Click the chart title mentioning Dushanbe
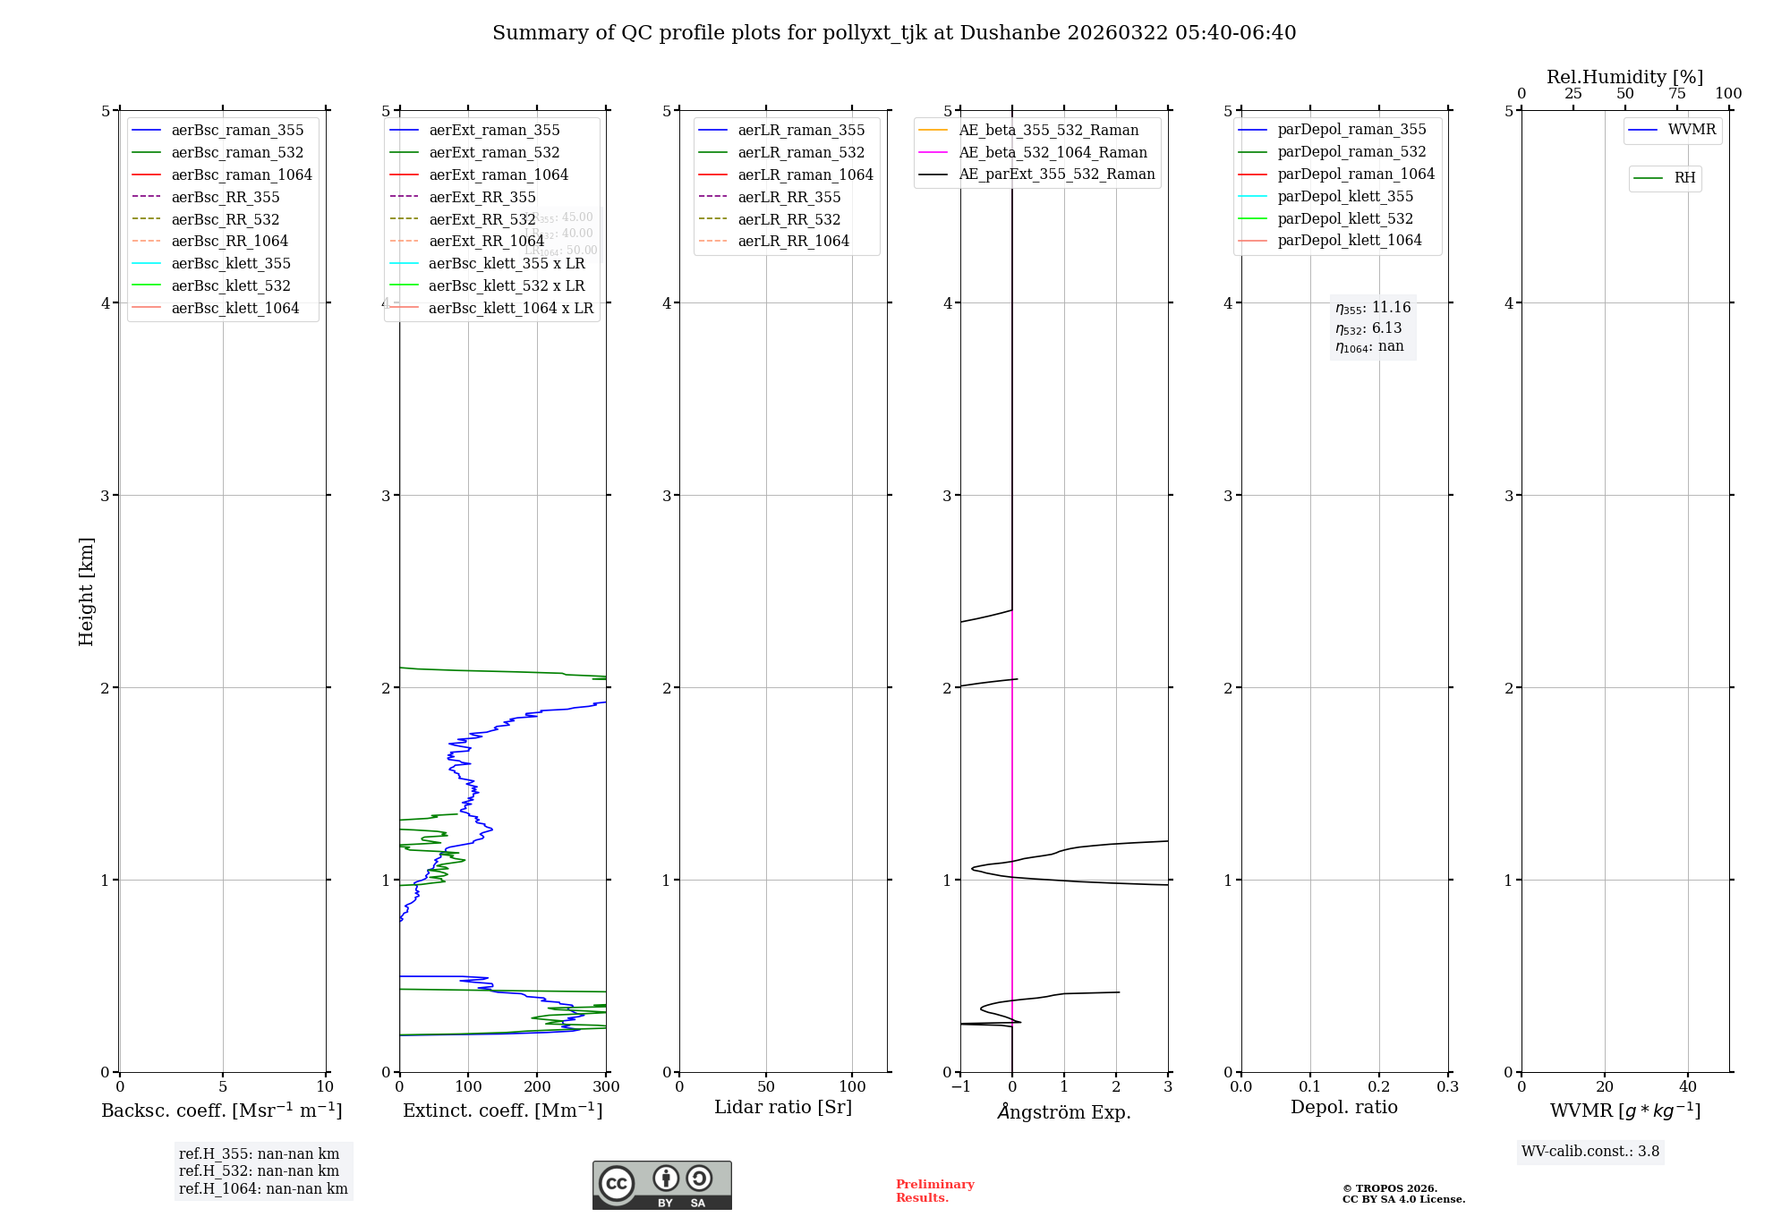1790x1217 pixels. click(894, 33)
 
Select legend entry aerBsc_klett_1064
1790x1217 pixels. click(234, 308)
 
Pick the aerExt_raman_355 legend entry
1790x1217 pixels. click(494, 131)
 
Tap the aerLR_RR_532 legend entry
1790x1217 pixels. click(788, 219)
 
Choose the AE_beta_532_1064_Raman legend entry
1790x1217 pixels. click(1053, 152)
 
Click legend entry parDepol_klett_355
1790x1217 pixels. click(1344, 196)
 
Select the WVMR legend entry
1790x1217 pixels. click(1691, 130)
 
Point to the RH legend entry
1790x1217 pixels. click(1684, 178)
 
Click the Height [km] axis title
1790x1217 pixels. click(86, 591)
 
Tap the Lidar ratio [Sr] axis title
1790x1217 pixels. click(783, 1107)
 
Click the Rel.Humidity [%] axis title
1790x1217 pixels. click(1624, 77)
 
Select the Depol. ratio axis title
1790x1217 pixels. click(1343, 1107)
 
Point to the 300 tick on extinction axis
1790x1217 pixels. click(606, 1087)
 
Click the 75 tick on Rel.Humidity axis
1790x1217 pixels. click(1676, 94)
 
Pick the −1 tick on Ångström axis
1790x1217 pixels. click(960, 1087)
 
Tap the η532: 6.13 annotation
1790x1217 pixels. click(1368, 328)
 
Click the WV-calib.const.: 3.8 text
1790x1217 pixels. click(1590, 1152)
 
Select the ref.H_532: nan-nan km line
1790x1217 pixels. click(259, 1171)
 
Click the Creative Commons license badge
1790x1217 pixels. click(661, 1185)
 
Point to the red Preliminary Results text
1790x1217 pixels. click(934, 1191)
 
